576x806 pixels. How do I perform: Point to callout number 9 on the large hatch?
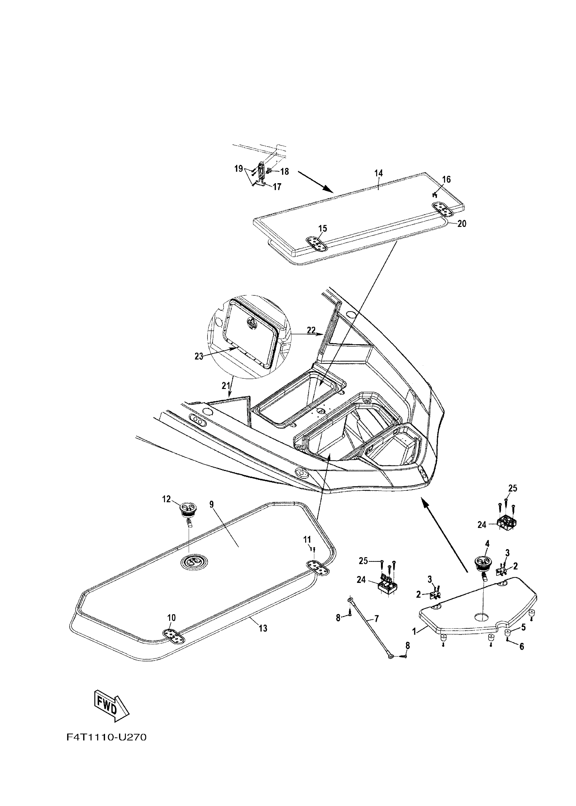[x=212, y=505]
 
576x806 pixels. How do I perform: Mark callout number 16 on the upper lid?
[x=446, y=179]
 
